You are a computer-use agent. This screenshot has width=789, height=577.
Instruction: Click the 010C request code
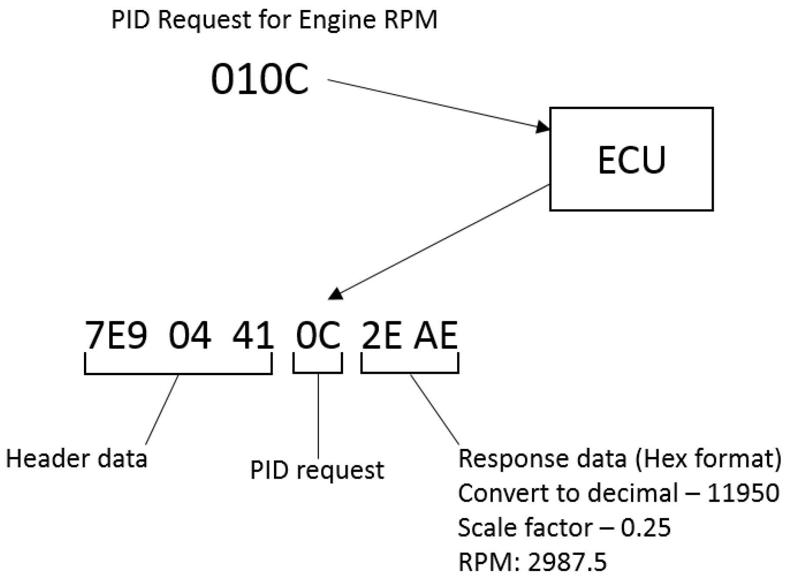260,79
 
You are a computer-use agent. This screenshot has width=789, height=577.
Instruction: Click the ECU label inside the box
631,160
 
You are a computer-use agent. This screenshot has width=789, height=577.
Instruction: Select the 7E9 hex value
116,335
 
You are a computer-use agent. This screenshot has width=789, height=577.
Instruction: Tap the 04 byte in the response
190,335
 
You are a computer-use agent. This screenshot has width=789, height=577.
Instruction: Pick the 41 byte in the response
253,335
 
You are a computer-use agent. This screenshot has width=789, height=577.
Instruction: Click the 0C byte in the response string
318,335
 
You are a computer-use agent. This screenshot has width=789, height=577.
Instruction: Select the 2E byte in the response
381,335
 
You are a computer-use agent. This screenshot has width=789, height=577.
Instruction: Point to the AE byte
436,335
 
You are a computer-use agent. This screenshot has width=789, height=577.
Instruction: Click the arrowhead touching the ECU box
542,127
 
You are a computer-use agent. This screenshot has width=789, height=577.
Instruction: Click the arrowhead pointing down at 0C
336,295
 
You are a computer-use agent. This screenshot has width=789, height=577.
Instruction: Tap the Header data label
77,459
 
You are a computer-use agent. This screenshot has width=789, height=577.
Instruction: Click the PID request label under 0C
317,470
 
